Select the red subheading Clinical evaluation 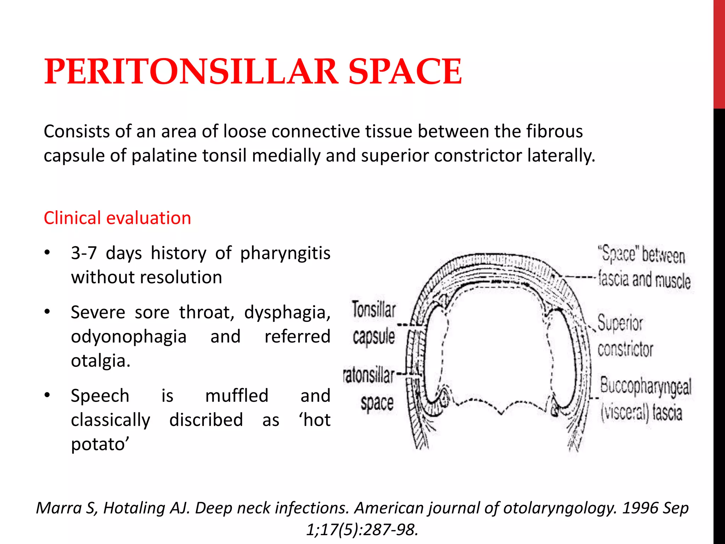pos(117,218)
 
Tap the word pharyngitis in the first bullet pos(285,254)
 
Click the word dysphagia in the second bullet pos(287,313)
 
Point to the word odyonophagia pos(129,337)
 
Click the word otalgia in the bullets pos(99,361)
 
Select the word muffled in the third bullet pos(237,396)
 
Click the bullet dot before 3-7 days pos(47,253)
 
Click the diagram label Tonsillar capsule pos(373,322)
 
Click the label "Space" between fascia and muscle pos(644,268)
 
